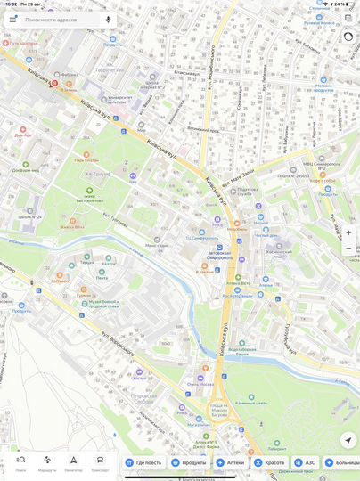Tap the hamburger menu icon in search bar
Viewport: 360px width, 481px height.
click(x=12, y=19)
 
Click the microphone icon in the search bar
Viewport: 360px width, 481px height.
click(x=108, y=19)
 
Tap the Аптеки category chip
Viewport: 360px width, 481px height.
click(x=230, y=462)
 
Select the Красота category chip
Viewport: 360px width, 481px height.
click(x=269, y=462)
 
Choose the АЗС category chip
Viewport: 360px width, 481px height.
click(x=305, y=462)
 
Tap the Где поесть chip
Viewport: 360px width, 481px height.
click(x=143, y=462)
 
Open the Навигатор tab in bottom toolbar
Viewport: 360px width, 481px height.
click(x=74, y=461)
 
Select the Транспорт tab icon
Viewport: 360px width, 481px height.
click(x=100, y=461)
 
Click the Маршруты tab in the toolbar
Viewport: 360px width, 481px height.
click(x=47, y=461)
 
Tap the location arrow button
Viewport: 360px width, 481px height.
click(x=348, y=440)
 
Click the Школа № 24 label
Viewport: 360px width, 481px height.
click(x=29, y=216)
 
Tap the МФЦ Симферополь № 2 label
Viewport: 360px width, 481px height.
click(x=318, y=164)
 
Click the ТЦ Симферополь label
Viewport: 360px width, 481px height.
click(x=200, y=238)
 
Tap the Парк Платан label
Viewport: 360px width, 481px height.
click(x=86, y=159)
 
